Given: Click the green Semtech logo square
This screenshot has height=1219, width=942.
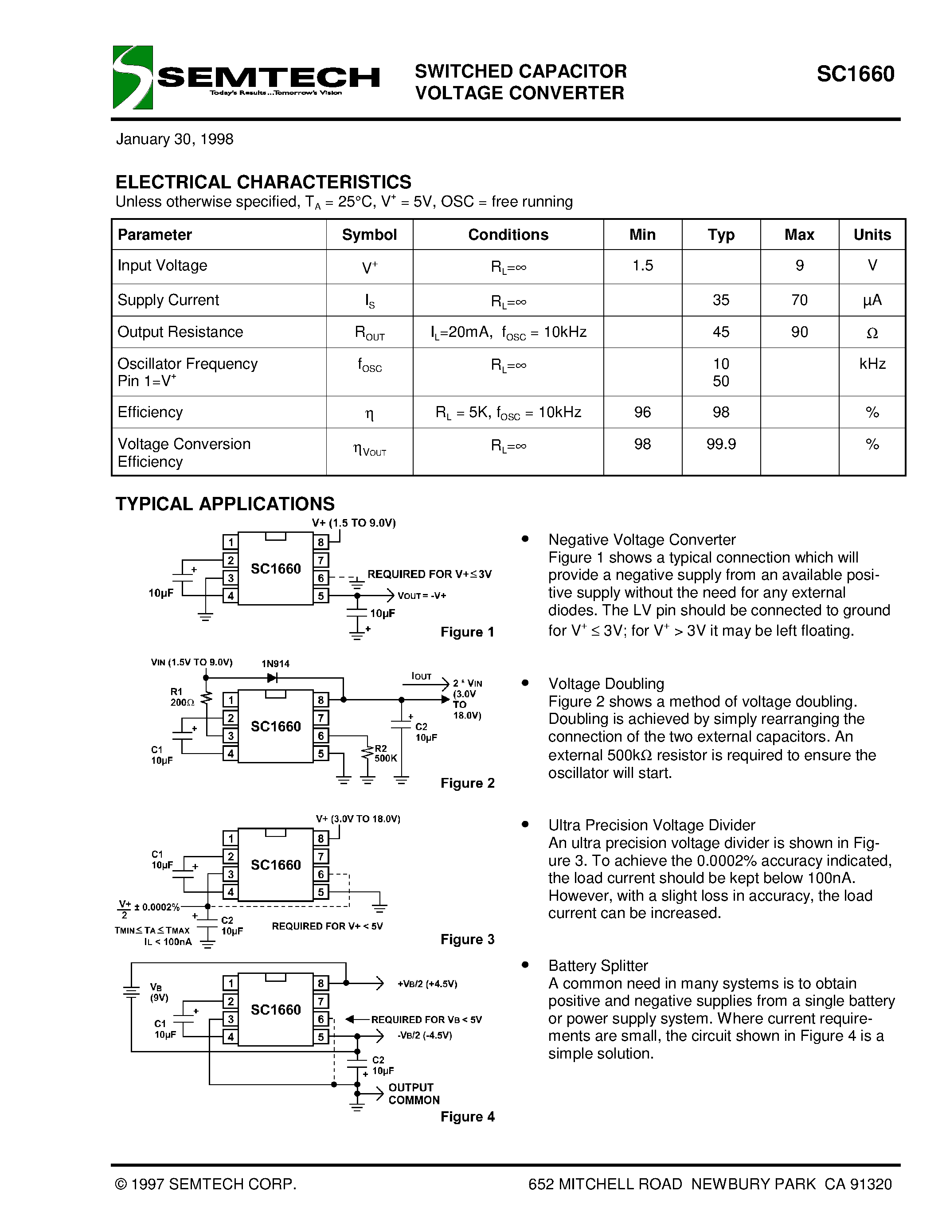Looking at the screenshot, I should [x=132, y=77].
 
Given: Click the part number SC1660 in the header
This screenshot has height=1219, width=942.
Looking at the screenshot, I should [x=855, y=74].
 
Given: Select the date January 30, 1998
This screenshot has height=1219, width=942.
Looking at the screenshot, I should [x=174, y=139].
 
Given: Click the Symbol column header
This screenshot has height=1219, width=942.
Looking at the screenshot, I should [x=369, y=234].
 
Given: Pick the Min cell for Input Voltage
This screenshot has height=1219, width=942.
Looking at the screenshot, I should [x=642, y=266].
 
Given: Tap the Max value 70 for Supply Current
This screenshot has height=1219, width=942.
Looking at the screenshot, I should [x=799, y=300].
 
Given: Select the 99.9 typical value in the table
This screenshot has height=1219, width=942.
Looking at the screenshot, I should [x=720, y=444].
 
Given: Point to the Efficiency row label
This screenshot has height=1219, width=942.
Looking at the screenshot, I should [x=150, y=412].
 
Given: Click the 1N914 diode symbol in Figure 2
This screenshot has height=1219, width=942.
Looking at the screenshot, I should [x=272, y=678].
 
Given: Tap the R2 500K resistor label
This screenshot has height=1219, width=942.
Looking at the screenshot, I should [x=384, y=754].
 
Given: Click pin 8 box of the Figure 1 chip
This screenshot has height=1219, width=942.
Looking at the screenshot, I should [x=321, y=542].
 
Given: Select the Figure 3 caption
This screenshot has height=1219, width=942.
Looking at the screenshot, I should [x=467, y=939].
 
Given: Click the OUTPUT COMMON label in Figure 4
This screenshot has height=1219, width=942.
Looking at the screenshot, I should [x=414, y=1094].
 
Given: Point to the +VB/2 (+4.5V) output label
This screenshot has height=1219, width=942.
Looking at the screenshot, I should [x=427, y=984].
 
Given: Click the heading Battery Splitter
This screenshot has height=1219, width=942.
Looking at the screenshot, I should [x=598, y=965].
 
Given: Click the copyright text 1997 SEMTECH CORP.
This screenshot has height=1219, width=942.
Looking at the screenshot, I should [x=205, y=1184].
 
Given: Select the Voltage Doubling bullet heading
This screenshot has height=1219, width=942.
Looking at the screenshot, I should [x=606, y=684].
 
